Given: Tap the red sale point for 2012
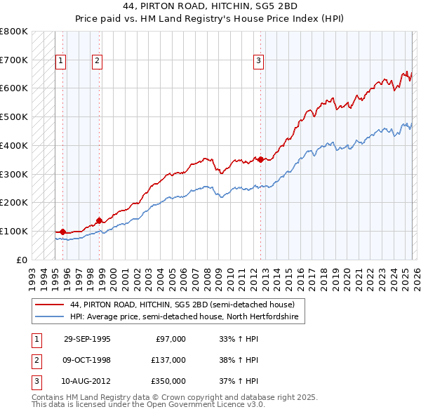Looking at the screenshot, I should (260, 159).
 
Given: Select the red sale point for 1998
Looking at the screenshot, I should (99, 220).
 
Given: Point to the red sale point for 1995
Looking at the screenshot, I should (63, 231).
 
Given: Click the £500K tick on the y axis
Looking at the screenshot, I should (14, 116).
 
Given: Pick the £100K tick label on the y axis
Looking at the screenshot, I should (14, 231).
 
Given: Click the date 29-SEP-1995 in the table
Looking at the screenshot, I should (87, 339).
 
